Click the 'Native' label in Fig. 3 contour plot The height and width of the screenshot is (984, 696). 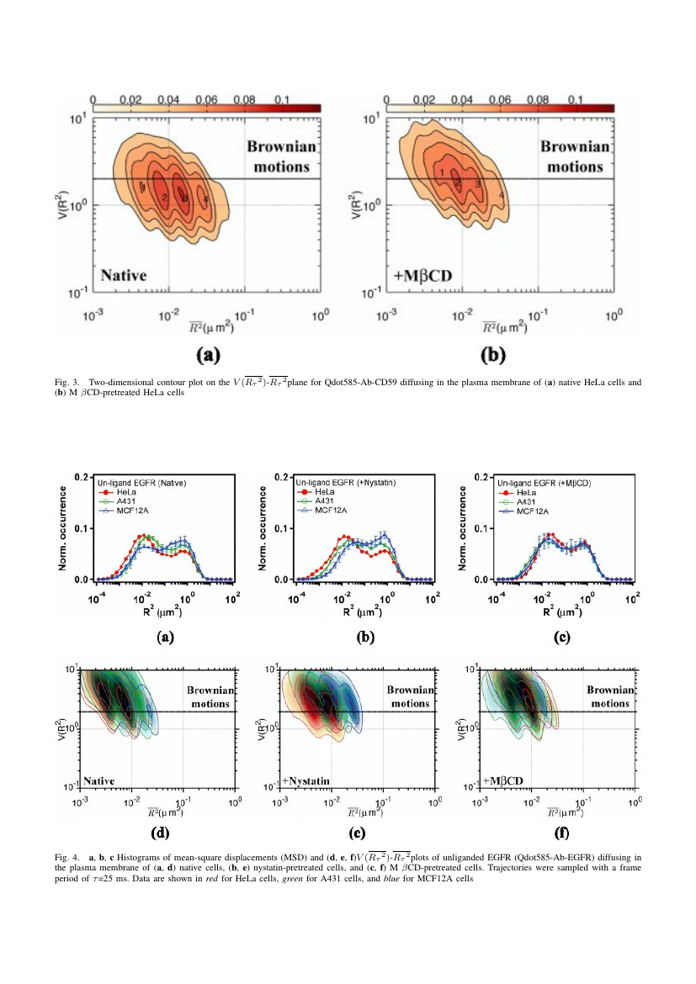124,275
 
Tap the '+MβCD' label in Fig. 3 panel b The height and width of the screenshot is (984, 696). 423,276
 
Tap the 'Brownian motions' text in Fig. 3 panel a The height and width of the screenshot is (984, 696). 281,156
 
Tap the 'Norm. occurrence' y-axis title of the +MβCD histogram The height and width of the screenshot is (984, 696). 465,527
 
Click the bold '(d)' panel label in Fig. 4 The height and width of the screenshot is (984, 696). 161,835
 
